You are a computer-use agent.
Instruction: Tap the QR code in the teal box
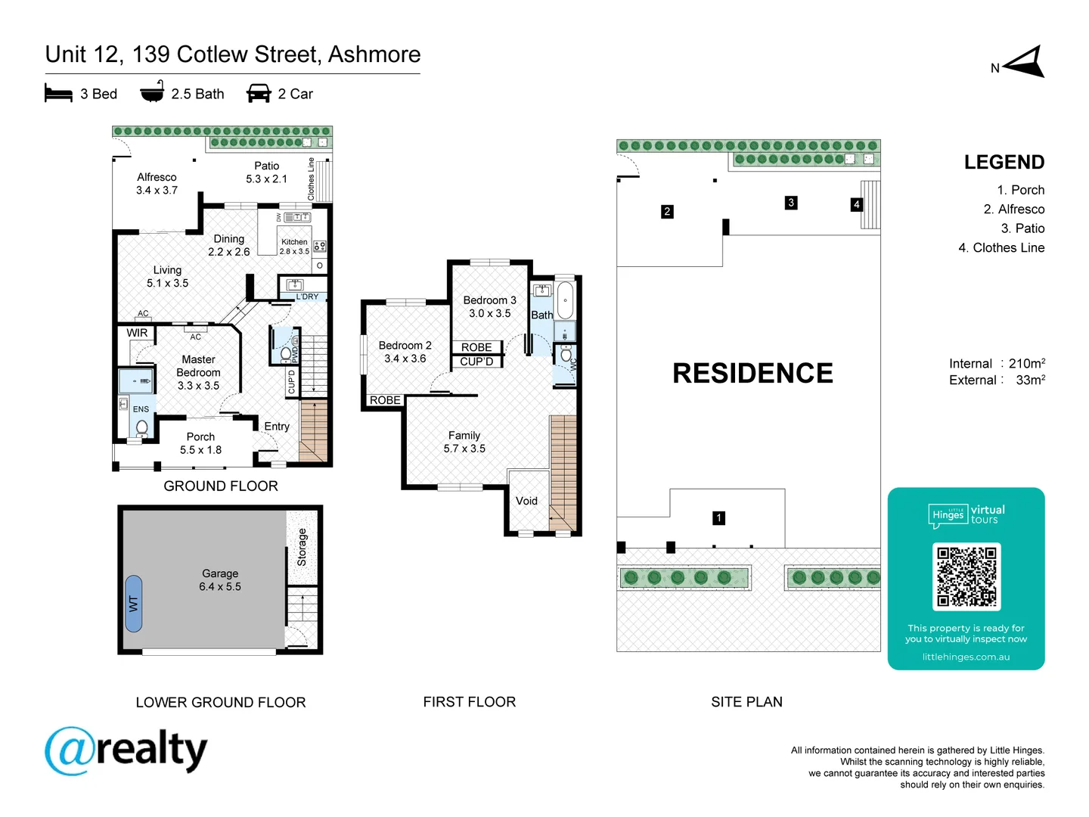[966, 576]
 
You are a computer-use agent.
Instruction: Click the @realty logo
[126, 751]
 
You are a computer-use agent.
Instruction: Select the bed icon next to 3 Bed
[58, 94]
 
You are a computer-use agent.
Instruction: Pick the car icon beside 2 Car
[259, 94]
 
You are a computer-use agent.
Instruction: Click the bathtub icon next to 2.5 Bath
[152, 92]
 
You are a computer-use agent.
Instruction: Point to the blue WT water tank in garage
[134, 604]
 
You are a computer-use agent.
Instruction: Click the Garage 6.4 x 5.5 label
[220, 580]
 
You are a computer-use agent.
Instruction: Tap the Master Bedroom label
[198, 372]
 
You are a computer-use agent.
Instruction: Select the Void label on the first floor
[526, 501]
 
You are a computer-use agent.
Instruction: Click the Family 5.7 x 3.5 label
[464, 442]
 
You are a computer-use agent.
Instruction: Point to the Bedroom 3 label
[489, 306]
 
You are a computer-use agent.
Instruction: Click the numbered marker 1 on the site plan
[718, 518]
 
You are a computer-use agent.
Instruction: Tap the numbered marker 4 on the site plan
[856, 204]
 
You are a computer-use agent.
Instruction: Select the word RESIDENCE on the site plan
[752, 374]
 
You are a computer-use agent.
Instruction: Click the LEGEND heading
[1004, 163]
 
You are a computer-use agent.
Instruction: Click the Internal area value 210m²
[1026, 364]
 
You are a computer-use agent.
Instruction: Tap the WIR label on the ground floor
[137, 333]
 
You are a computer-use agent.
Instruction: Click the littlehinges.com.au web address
[966, 657]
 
